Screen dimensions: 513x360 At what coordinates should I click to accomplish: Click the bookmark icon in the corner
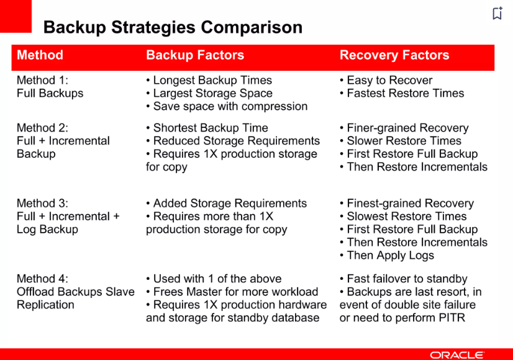(x=497, y=13)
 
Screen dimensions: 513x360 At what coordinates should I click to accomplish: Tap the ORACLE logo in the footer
(x=457, y=355)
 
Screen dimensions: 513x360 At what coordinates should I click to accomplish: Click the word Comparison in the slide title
(x=252, y=27)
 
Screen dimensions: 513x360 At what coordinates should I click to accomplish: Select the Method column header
(x=40, y=55)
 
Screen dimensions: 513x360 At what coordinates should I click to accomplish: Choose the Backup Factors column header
(x=195, y=55)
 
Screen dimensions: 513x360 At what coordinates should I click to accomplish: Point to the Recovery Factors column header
(x=394, y=55)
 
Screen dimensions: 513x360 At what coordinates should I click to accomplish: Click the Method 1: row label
(x=42, y=80)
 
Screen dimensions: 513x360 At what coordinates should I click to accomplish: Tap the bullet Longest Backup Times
(x=209, y=80)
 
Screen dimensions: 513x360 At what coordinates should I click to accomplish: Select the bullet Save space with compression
(x=227, y=106)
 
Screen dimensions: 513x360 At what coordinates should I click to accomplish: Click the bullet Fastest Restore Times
(x=402, y=93)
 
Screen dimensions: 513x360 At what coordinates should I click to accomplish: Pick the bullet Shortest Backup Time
(x=207, y=127)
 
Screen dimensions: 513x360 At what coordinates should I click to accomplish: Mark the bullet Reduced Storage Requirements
(x=233, y=141)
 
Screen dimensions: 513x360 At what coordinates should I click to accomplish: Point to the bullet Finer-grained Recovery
(x=404, y=128)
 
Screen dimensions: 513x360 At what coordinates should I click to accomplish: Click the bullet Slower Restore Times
(x=401, y=141)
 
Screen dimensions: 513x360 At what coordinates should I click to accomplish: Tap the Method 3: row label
(x=42, y=203)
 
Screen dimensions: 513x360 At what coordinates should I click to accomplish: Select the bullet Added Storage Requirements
(x=227, y=204)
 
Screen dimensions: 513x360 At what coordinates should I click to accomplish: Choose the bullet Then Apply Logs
(x=387, y=255)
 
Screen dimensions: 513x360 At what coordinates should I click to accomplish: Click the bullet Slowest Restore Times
(x=403, y=216)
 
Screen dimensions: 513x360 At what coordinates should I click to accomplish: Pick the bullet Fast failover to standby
(x=404, y=279)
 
